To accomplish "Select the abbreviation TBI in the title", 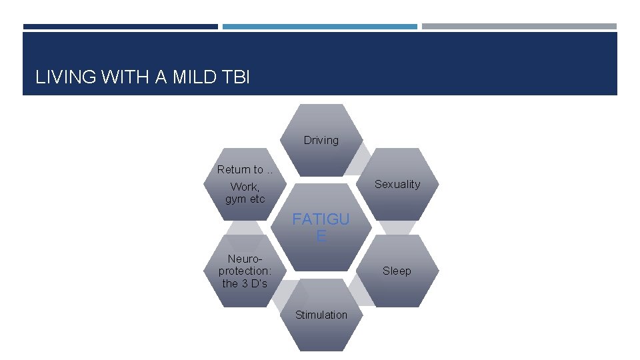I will (237, 77).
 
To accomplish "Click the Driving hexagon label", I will (321, 140).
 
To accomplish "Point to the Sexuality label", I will (397, 184).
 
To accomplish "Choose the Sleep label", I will (397, 271).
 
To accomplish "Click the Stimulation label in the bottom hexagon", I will (321, 315).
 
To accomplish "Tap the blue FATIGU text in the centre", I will (321, 220).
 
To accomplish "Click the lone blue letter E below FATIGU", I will (321, 236).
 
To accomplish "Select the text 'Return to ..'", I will (245, 169).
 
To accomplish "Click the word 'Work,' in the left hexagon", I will (245, 187).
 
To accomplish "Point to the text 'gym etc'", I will (245, 199).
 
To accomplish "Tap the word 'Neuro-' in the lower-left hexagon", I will (245, 258).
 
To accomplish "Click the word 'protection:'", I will (245, 271).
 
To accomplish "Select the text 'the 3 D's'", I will (245, 283).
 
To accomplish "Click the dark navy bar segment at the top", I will (120, 27).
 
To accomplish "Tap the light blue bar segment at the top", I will (319, 27).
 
